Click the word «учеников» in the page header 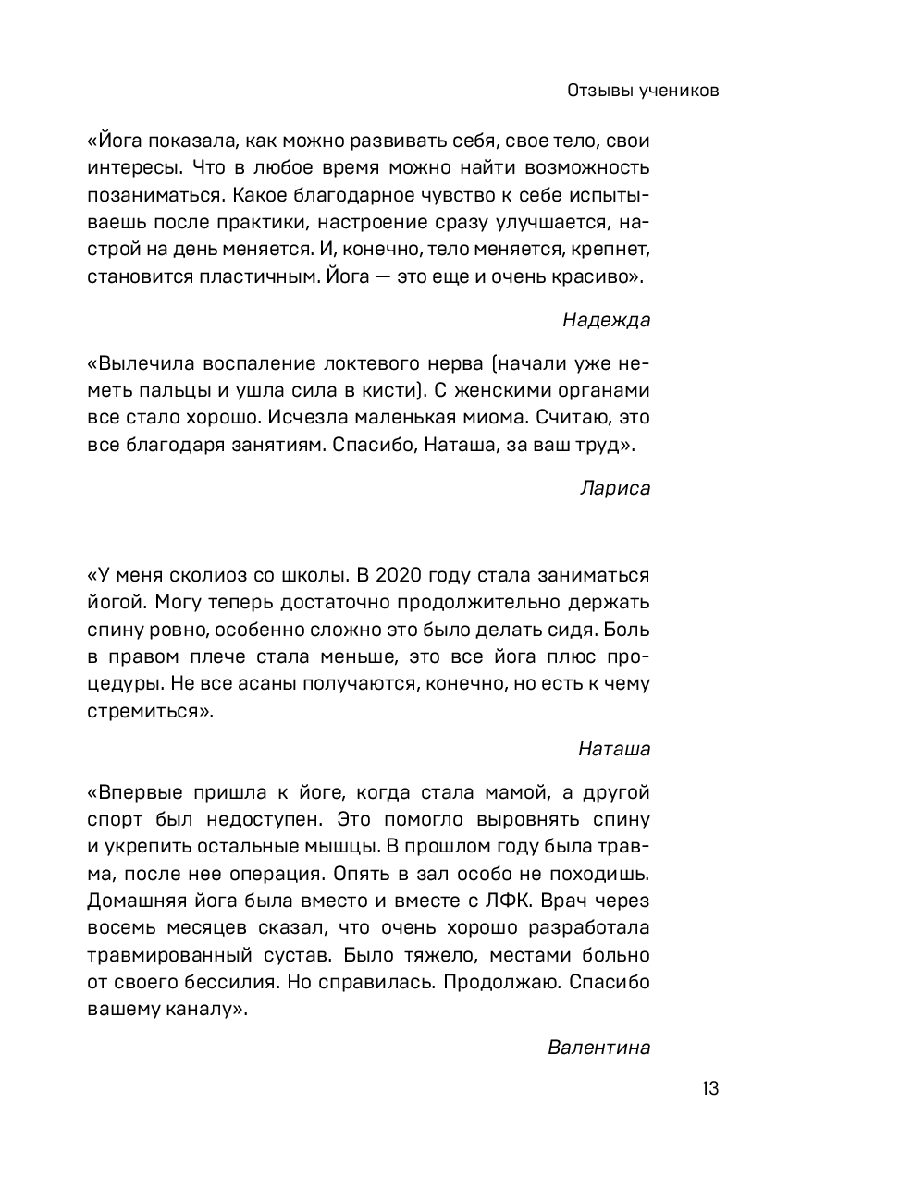coord(678,92)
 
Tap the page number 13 coord(709,1088)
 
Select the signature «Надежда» coord(606,320)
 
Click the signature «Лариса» coord(615,488)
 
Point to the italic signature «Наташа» coord(614,749)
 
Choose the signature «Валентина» coord(598,1048)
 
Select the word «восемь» coord(120,928)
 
